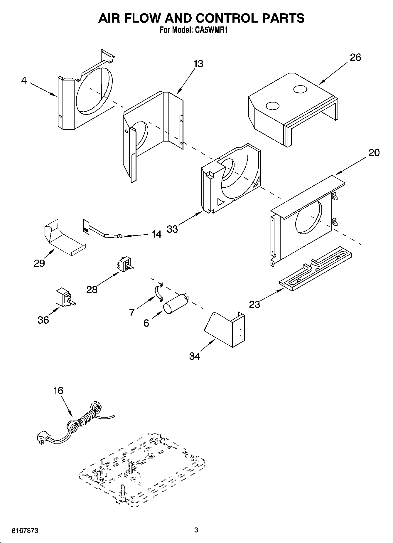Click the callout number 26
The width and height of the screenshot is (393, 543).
[x=355, y=57]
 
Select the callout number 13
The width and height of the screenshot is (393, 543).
[x=199, y=64]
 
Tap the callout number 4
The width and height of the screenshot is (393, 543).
[x=24, y=80]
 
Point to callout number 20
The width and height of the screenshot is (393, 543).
[x=374, y=152]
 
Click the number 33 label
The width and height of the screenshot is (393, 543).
[x=173, y=229]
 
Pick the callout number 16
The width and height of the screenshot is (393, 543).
[x=58, y=391]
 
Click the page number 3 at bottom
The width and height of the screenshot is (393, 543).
[x=196, y=530]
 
